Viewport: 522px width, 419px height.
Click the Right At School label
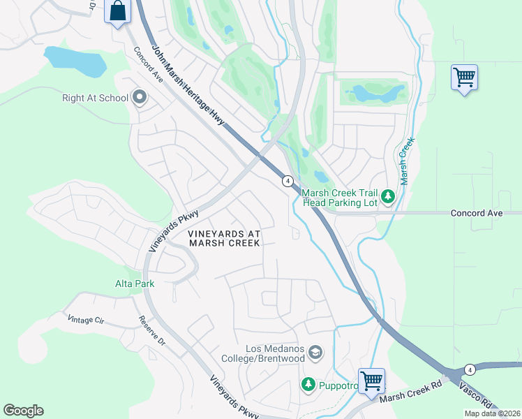95,98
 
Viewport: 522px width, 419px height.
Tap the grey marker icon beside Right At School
140,98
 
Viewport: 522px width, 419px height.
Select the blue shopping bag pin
118,12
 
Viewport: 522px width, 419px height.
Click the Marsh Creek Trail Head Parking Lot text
339,198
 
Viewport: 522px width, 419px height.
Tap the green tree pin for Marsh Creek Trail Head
389,198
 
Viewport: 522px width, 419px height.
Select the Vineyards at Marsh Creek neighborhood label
224,238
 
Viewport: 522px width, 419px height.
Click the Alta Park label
135,284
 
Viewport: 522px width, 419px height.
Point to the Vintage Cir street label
86,319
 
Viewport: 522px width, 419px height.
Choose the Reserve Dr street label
151,332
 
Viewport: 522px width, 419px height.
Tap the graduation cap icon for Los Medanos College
316,353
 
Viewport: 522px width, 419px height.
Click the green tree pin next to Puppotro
308,384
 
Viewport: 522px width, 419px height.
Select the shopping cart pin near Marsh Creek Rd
372,381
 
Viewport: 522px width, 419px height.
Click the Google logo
23,411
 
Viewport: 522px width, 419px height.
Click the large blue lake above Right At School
75,61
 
